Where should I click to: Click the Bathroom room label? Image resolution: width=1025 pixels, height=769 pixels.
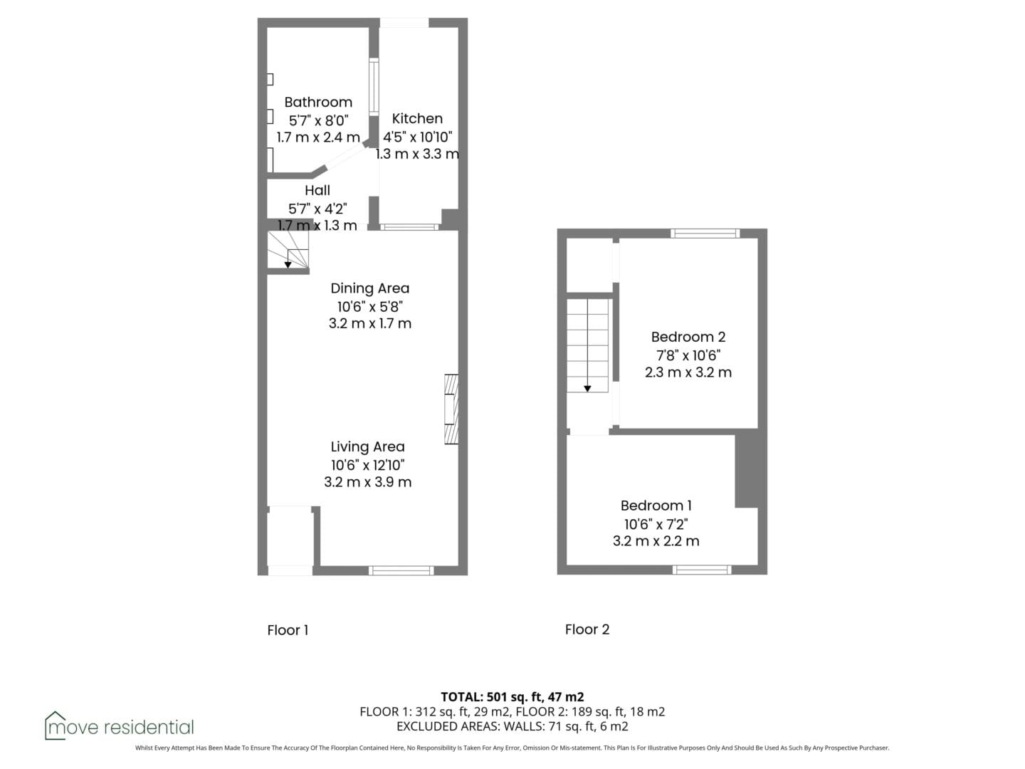pyautogui.click(x=318, y=103)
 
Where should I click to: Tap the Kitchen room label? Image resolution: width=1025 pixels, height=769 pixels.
pyautogui.click(x=417, y=119)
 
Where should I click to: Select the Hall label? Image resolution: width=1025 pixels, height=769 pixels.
pyautogui.click(x=317, y=190)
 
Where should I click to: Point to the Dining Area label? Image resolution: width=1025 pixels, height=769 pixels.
pyautogui.click(x=370, y=288)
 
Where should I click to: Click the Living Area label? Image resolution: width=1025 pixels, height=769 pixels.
pyautogui.click(x=367, y=447)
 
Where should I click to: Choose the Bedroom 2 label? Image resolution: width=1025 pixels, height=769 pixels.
pyautogui.click(x=688, y=337)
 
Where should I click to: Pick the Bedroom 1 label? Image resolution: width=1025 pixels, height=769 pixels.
pyautogui.click(x=656, y=506)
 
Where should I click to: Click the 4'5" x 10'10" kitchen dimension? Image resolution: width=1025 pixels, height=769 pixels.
pyautogui.click(x=417, y=137)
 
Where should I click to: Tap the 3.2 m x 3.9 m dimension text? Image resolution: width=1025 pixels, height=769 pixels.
pyautogui.click(x=367, y=482)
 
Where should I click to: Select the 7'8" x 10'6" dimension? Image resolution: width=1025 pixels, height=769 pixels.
pyautogui.click(x=688, y=355)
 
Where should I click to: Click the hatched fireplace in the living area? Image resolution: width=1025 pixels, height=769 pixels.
pyautogui.click(x=451, y=409)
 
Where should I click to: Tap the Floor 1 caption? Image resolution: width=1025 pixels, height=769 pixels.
pyautogui.click(x=288, y=630)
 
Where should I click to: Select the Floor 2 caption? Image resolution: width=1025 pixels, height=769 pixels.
pyautogui.click(x=587, y=629)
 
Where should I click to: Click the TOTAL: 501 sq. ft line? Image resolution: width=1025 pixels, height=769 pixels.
pyautogui.click(x=512, y=696)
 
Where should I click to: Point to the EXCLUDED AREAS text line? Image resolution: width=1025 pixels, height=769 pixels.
pyautogui.click(x=512, y=726)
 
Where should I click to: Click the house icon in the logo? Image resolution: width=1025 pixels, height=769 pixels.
pyautogui.click(x=55, y=725)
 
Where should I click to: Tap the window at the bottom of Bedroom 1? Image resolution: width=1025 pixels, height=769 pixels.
pyautogui.click(x=702, y=570)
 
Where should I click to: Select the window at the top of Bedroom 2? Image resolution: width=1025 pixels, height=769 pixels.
pyautogui.click(x=705, y=234)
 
